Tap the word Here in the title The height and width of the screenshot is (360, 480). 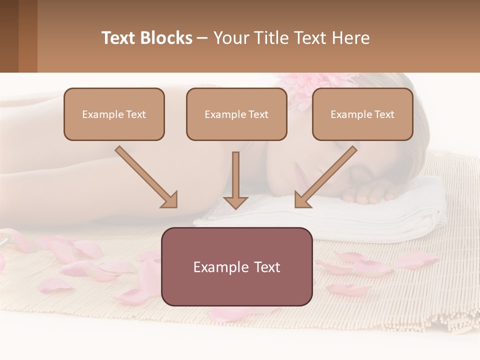pyautogui.click(x=350, y=38)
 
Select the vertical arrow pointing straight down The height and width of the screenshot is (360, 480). pyautogui.click(x=235, y=180)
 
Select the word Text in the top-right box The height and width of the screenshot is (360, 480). pyautogui.click(x=384, y=114)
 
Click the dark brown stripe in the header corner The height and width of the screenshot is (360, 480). pyautogui.click(x=9, y=36)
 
